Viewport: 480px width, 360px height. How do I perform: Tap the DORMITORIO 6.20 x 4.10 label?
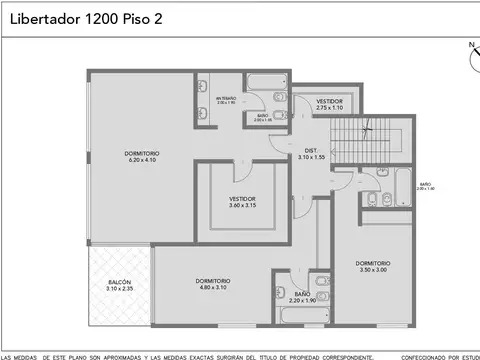point(142,156)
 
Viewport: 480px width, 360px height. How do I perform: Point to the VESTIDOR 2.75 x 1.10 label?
point(329,104)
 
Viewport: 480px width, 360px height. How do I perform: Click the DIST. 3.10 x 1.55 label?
point(311,154)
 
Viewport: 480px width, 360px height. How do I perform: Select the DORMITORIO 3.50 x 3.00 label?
point(372,266)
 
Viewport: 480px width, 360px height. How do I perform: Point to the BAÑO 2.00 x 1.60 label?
point(425,186)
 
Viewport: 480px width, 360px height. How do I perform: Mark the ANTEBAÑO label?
point(227,99)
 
